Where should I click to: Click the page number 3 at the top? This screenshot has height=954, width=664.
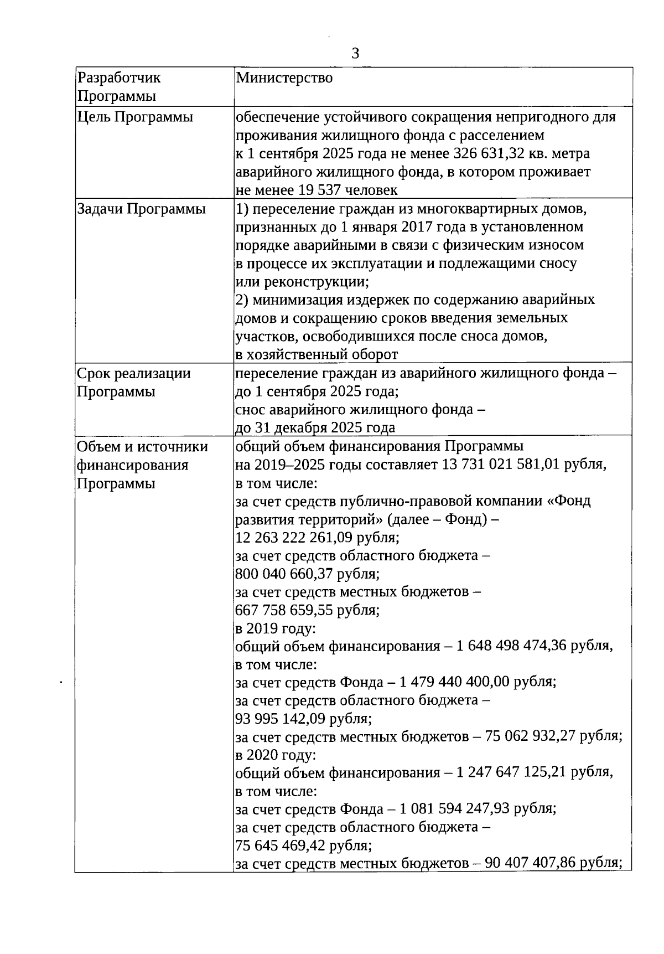point(355,54)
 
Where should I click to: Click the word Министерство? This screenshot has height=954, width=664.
point(284,78)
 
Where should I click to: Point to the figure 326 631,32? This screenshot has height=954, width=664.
point(495,153)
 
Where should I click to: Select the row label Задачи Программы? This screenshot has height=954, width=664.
point(141,209)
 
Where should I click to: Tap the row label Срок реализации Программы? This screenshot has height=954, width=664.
point(133,382)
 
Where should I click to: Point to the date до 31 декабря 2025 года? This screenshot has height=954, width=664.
point(315,427)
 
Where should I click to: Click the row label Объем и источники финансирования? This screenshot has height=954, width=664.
point(142,456)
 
